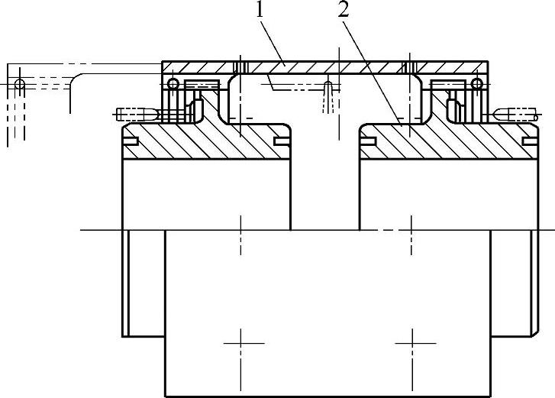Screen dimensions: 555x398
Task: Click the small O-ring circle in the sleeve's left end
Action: [x=173, y=83]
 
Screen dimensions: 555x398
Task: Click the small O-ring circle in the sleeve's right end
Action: [x=476, y=83]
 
